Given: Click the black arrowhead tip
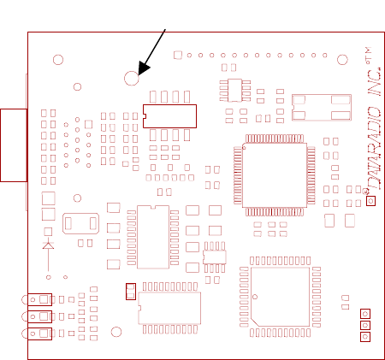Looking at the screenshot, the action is [x=139, y=75].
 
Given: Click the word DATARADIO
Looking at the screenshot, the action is [x=374, y=149].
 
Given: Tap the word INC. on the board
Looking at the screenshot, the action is [x=375, y=82].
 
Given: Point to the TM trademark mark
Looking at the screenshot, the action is [x=368, y=56].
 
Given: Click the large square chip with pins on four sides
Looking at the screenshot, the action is [x=275, y=175].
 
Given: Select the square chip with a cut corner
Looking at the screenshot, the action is [x=280, y=297].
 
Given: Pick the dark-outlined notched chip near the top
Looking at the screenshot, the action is [x=169, y=116].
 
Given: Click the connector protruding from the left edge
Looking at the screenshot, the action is [x=14, y=145].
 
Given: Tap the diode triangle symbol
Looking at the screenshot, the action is [x=48, y=246].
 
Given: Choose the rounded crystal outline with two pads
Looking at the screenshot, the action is [x=80, y=223].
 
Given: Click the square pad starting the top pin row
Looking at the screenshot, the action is [x=178, y=55].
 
